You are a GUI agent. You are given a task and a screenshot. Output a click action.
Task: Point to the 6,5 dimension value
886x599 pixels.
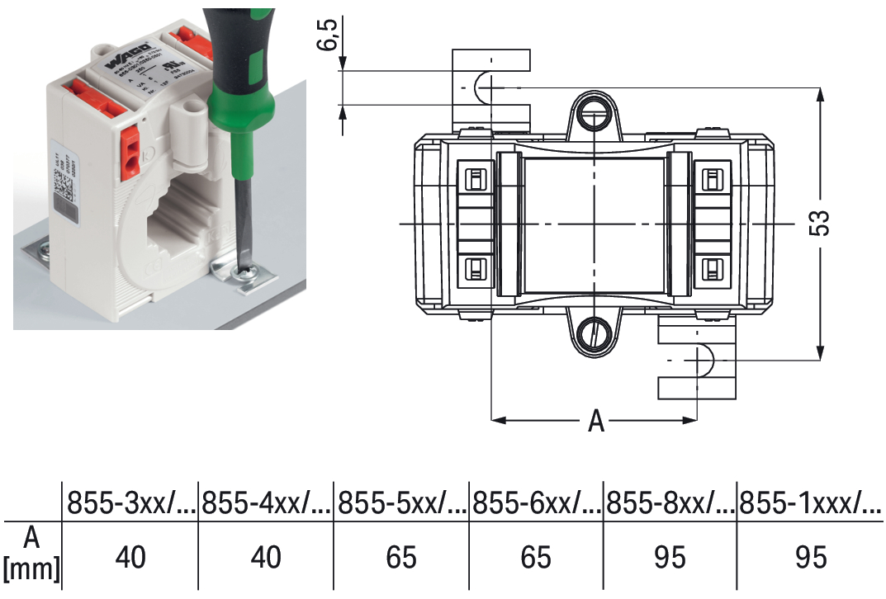coord(329,34)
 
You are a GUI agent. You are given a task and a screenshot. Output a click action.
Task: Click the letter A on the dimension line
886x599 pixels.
coord(596,422)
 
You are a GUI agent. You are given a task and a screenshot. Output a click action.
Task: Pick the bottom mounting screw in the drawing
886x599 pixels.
coord(594,334)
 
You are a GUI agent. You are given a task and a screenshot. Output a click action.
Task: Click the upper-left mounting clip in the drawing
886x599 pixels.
coord(490,87)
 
